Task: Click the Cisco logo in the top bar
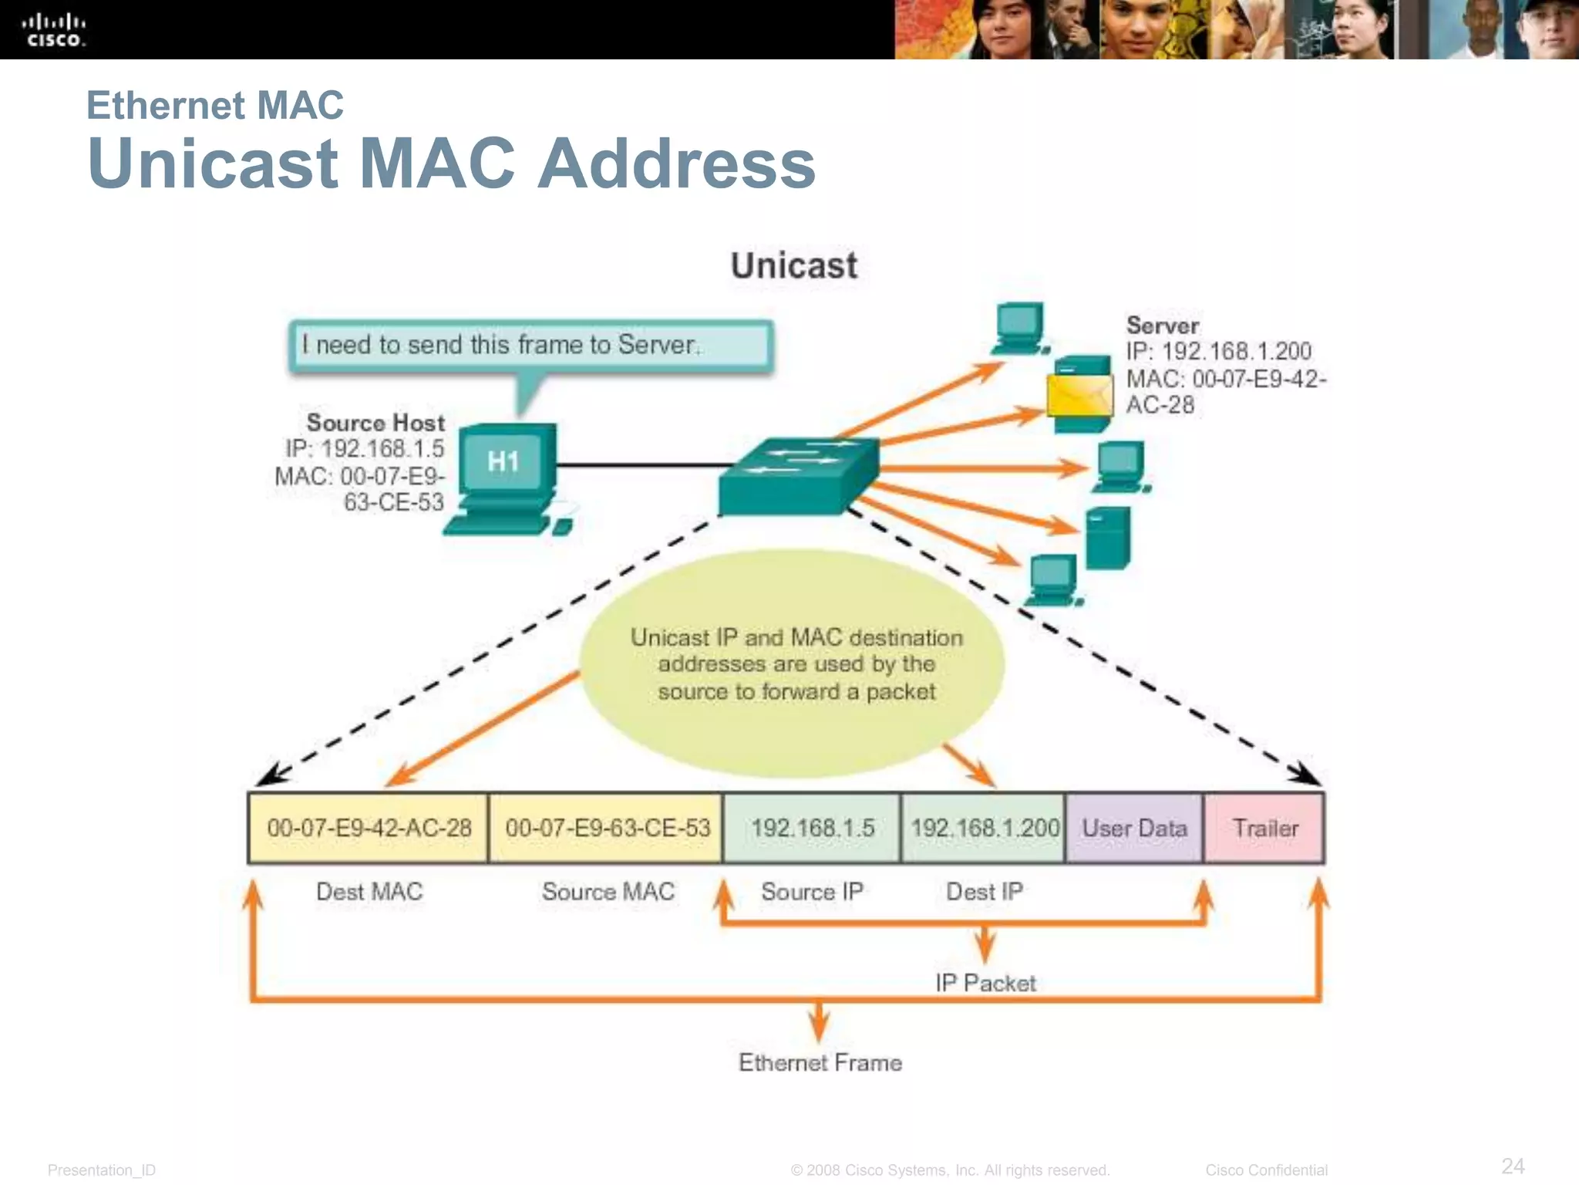tap(54, 30)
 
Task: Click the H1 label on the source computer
tap(503, 461)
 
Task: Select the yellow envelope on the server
tap(1079, 396)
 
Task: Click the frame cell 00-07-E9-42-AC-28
tap(369, 828)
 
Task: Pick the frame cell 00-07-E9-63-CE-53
tap(607, 828)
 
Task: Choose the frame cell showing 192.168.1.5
tap(812, 828)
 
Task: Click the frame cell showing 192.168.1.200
tap(984, 828)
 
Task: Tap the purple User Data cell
tap(1133, 828)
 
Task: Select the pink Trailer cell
tap(1264, 828)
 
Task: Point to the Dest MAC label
tap(369, 892)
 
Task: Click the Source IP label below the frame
tap(811, 892)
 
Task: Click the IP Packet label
tap(985, 983)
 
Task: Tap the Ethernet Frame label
tap(820, 1062)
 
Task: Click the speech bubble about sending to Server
tap(531, 346)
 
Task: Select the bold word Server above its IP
tap(1162, 326)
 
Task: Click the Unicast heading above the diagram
tap(793, 265)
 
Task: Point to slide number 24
tap(1513, 1165)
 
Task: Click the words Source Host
tap(375, 423)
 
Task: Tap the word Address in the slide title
tap(676, 164)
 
